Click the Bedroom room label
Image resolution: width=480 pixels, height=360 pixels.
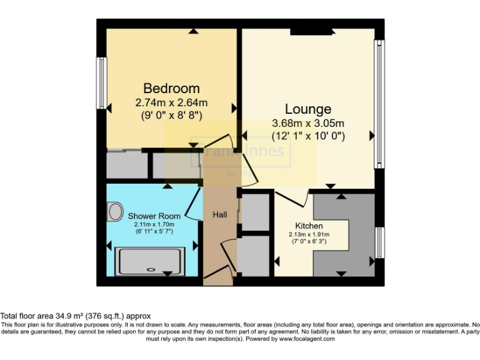(x=171, y=88)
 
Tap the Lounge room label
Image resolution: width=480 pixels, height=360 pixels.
(x=308, y=109)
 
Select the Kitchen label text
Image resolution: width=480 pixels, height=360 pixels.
(x=309, y=226)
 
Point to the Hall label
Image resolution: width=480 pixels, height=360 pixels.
(x=220, y=214)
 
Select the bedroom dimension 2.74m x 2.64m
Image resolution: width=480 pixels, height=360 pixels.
(x=171, y=102)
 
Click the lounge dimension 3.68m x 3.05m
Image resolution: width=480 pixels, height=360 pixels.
(x=308, y=122)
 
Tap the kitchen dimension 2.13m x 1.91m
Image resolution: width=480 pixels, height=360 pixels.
(x=309, y=235)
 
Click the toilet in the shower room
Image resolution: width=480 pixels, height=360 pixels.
(x=115, y=212)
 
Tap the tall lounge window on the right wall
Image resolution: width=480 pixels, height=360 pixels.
(x=378, y=104)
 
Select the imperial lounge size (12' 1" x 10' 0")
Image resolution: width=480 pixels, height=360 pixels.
(x=308, y=135)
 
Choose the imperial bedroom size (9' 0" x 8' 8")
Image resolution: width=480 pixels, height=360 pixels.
(x=171, y=114)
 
